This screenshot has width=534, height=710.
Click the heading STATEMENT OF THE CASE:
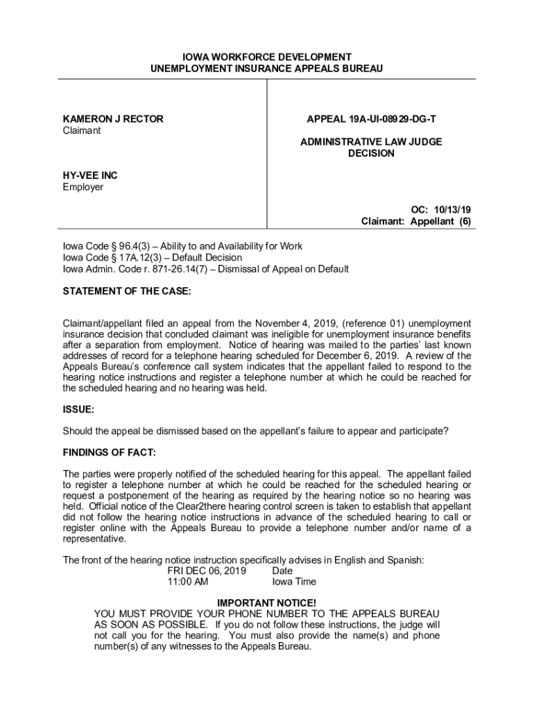127,292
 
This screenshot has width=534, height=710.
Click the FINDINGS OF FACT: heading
110,453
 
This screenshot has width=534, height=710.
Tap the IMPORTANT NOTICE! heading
266,603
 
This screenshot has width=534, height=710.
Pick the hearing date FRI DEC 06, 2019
207,571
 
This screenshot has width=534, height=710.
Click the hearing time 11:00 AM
188,582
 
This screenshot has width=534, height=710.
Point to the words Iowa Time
294,582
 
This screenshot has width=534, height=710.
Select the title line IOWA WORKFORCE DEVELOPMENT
267,57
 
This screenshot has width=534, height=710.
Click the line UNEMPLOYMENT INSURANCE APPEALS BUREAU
267,69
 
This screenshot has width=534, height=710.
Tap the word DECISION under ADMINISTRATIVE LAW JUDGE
371,153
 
